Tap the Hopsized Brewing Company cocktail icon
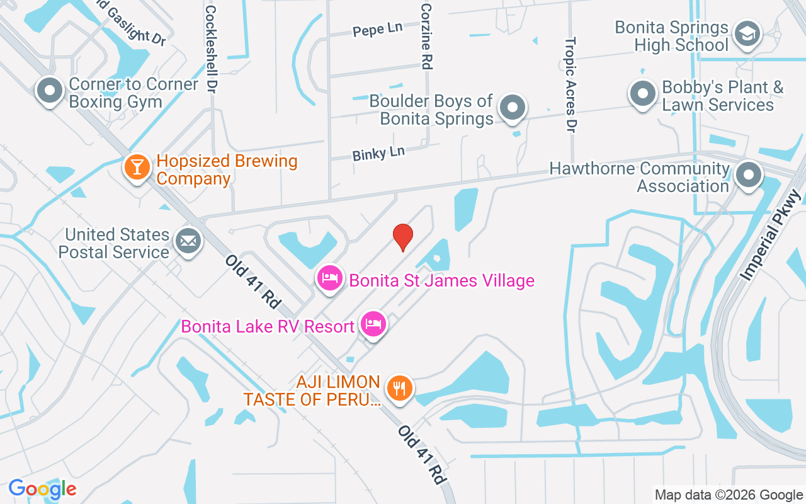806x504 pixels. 137,168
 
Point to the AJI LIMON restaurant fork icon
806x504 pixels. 399,387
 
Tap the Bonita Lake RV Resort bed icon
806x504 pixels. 373,324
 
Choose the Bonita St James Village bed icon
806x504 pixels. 330,278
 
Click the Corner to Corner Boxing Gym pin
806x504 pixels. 49,91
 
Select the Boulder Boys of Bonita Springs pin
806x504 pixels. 513,108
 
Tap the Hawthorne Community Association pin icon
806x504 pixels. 748,175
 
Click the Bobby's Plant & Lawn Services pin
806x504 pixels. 643,94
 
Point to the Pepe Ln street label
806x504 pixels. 377,30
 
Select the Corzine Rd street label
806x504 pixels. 426,36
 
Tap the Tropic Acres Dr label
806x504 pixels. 570,84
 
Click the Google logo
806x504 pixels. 43,488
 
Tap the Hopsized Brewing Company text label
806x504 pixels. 227,169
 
